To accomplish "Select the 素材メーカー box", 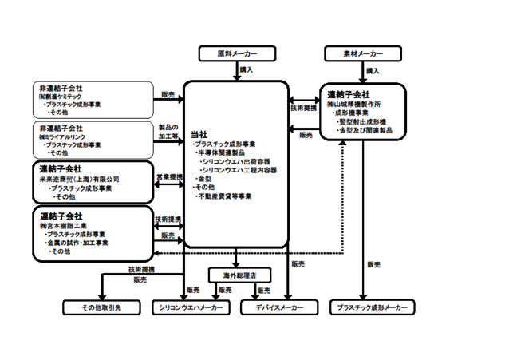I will tap(353, 53).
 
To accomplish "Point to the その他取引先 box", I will tap(97, 307).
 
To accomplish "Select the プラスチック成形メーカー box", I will tap(372, 307).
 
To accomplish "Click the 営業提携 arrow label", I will tap(168, 176).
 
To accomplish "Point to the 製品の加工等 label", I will tap(168, 132).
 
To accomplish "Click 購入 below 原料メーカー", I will tap(247, 70).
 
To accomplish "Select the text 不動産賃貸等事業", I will tap(227, 196).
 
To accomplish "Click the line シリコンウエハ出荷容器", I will tap(235, 161).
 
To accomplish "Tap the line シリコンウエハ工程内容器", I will tap(238, 170).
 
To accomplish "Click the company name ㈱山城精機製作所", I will tap(357, 104).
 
